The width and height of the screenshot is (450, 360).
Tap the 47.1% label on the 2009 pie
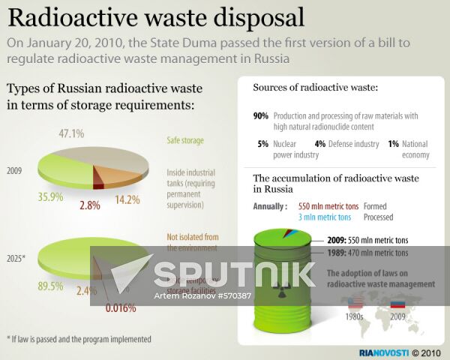click(71, 133)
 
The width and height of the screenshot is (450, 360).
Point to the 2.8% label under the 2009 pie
click(89, 205)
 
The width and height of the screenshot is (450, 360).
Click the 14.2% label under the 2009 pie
click(128, 200)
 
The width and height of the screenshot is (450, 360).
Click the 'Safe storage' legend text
click(185, 140)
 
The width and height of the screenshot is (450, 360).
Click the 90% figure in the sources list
click(261, 116)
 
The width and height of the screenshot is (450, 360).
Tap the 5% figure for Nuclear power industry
click(262, 143)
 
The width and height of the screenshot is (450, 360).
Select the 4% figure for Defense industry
click(319, 143)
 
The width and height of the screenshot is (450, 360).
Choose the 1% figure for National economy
click(393, 143)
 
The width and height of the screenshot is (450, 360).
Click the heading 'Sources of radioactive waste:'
click(315, 88)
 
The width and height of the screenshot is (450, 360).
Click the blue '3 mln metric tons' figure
click(324, 217)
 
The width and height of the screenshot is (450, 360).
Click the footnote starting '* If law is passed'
click(79, 339)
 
